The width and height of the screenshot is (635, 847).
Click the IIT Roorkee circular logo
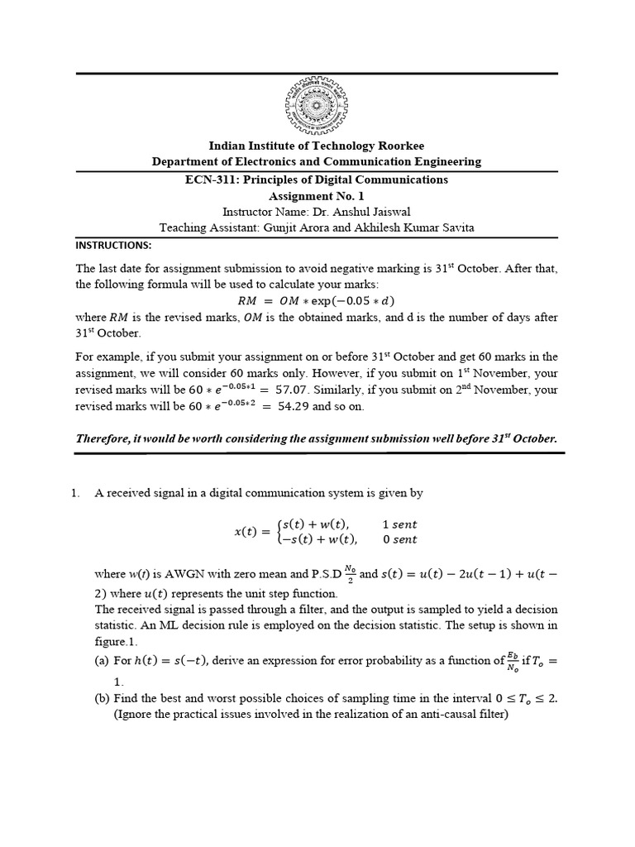(x=317, y=106)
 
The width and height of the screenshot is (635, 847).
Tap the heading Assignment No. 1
(x=317, y=196)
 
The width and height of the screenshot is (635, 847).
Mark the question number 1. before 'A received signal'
(x=74, y=493)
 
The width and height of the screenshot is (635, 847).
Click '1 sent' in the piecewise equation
(x=399, y=524)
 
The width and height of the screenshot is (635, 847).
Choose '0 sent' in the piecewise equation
(x=399, y=539)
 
